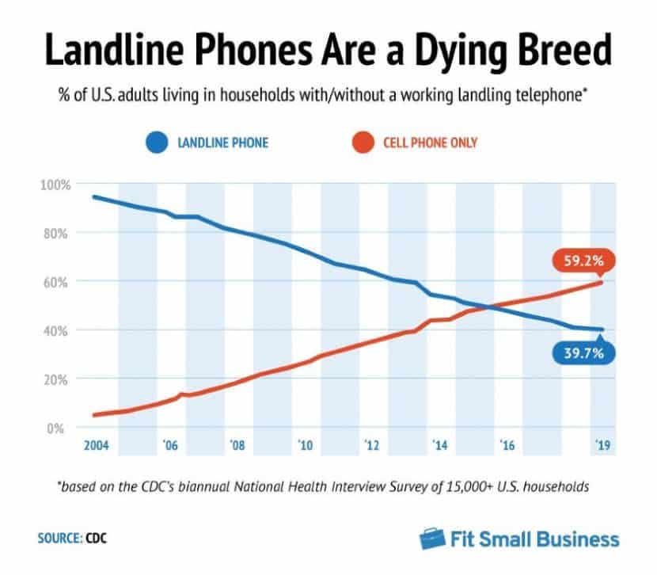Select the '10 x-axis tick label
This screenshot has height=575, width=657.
(305, 447)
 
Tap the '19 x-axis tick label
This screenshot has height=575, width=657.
(602, 447)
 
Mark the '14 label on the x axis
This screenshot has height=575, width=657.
(439, 447)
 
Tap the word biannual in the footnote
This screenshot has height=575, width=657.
(234, 486)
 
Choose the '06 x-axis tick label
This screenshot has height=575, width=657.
(169, 447)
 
